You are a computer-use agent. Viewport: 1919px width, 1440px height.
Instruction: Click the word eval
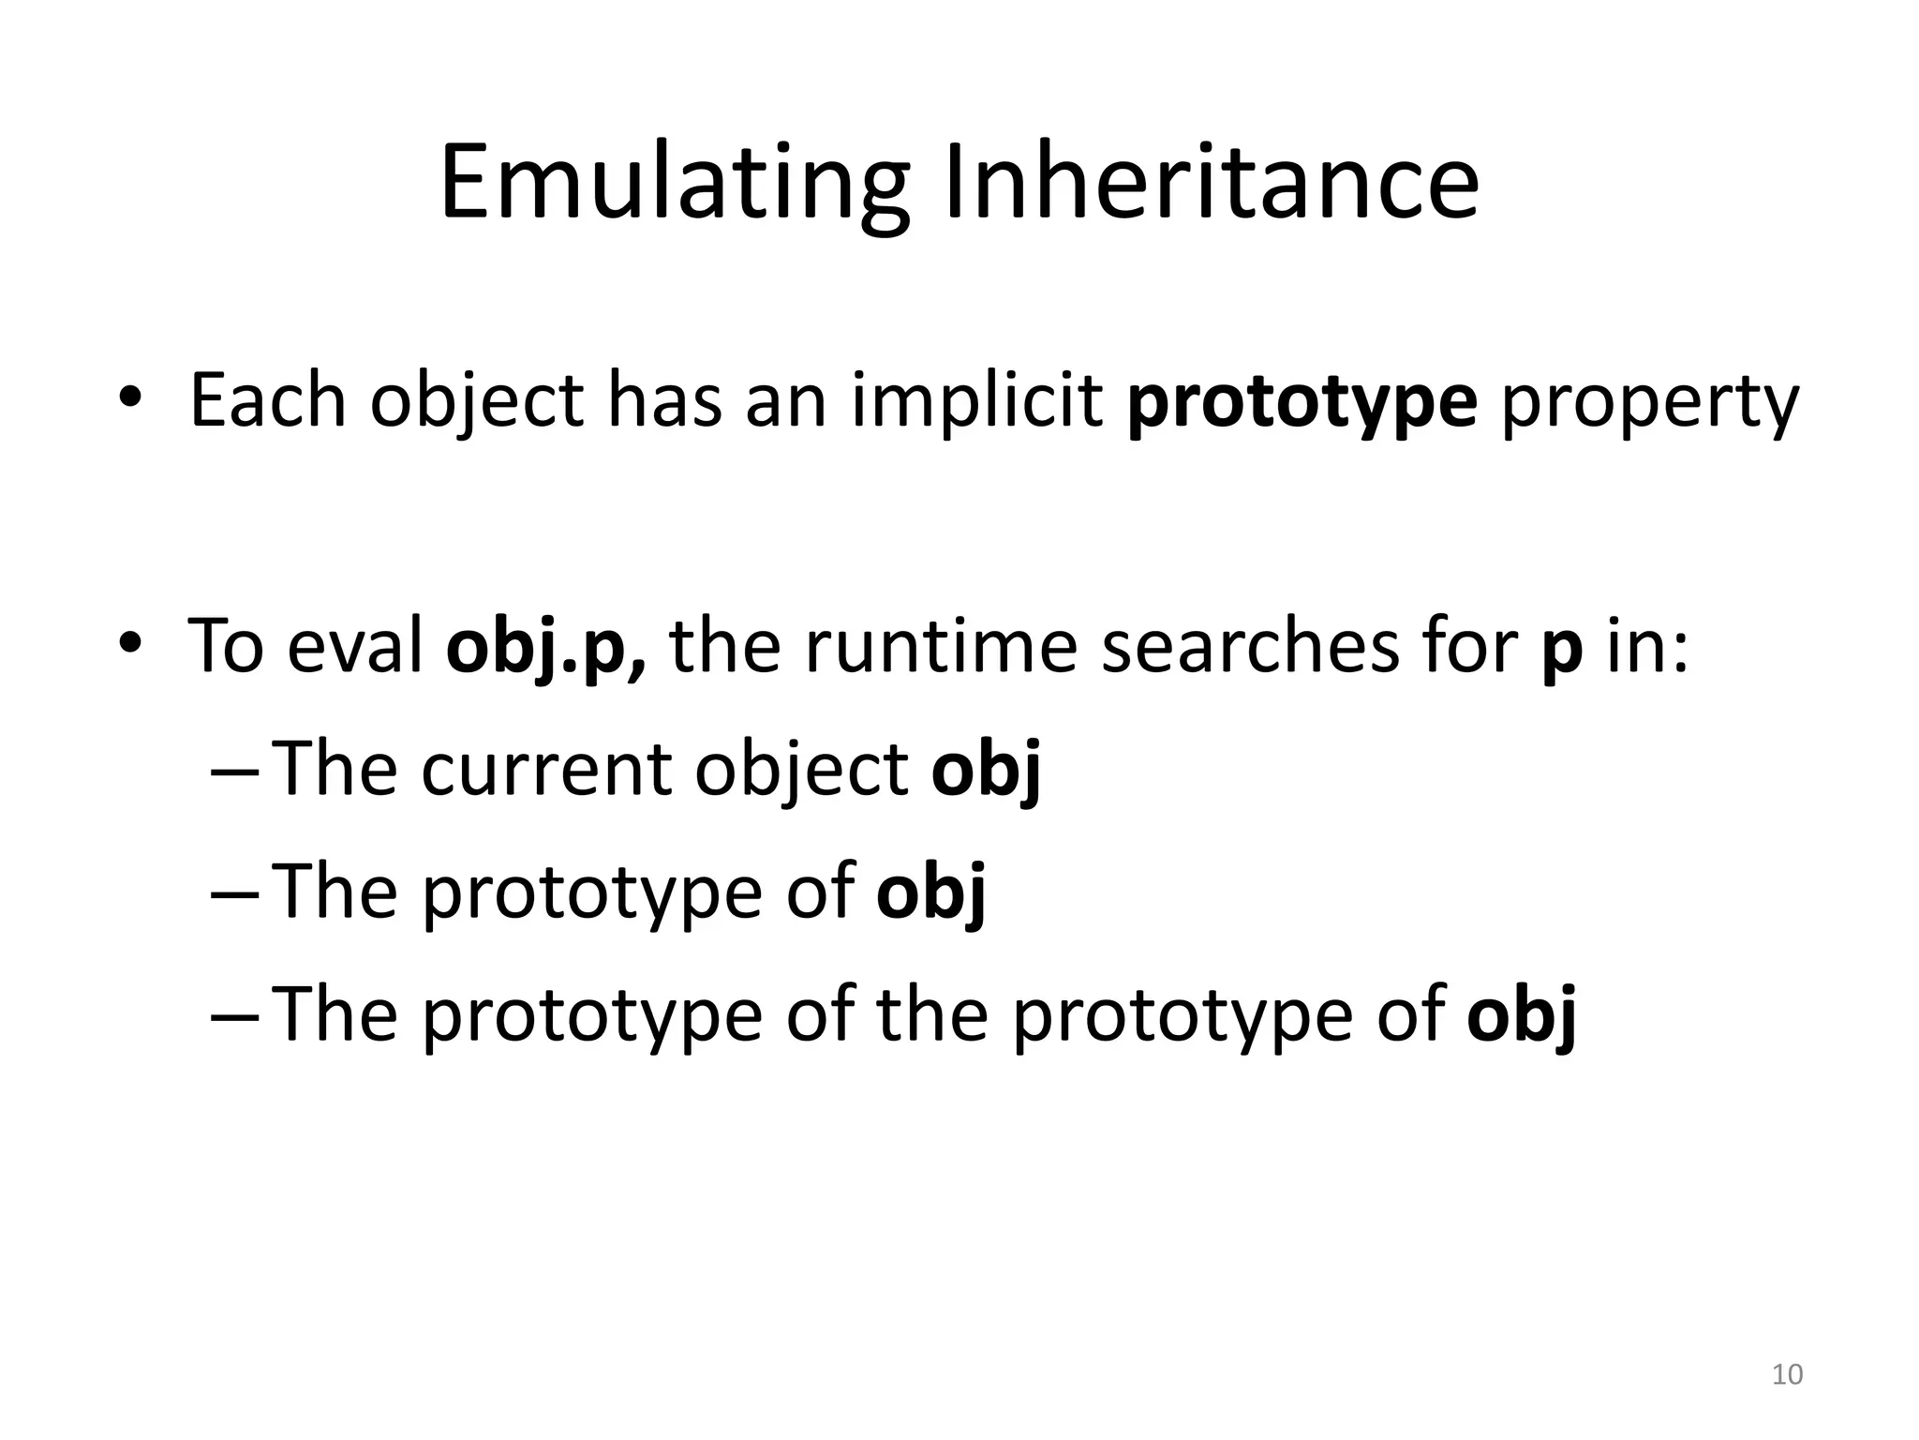click(x=355, y=647)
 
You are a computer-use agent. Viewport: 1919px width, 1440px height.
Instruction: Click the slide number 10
click(x=1787, y=1374)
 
